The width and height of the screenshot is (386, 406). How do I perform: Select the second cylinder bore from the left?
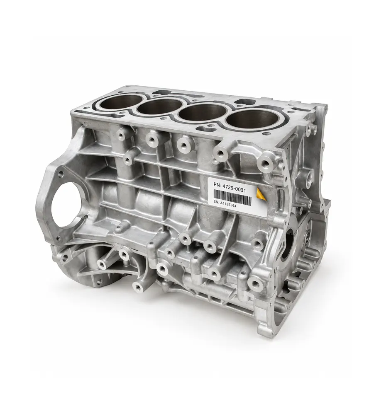160,107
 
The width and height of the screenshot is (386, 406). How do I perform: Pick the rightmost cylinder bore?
249,119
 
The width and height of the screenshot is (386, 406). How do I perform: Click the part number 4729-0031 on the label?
234,183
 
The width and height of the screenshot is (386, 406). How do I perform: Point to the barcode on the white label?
232,195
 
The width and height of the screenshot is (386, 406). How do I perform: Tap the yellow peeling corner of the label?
261,194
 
